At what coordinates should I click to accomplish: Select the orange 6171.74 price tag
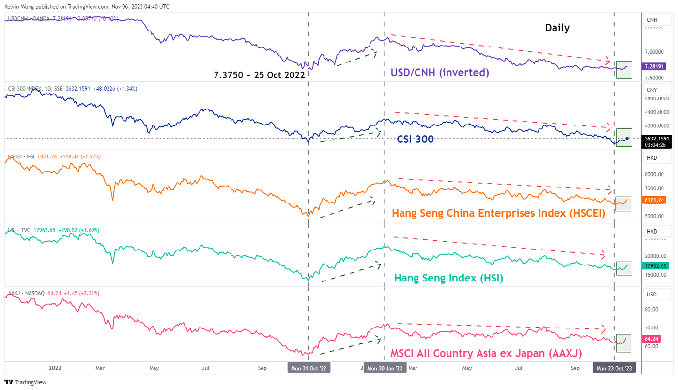653,200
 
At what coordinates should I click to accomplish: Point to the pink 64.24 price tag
651,339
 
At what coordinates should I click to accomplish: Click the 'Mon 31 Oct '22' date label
308,368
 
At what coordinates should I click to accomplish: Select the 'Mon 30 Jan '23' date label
385,368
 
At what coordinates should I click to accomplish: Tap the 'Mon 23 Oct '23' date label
614,368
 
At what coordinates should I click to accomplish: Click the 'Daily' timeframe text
557,28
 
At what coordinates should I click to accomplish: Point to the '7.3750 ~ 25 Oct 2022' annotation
259,75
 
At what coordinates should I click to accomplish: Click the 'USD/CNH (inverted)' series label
440,73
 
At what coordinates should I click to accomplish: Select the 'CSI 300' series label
415,139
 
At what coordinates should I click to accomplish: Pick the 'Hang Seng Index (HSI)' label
448,278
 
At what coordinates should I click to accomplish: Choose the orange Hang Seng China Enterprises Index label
498,213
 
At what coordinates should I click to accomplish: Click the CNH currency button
652,20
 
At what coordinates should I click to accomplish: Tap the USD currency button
652,294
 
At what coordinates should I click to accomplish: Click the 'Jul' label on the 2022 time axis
205,368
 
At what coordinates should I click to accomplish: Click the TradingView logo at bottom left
27,382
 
